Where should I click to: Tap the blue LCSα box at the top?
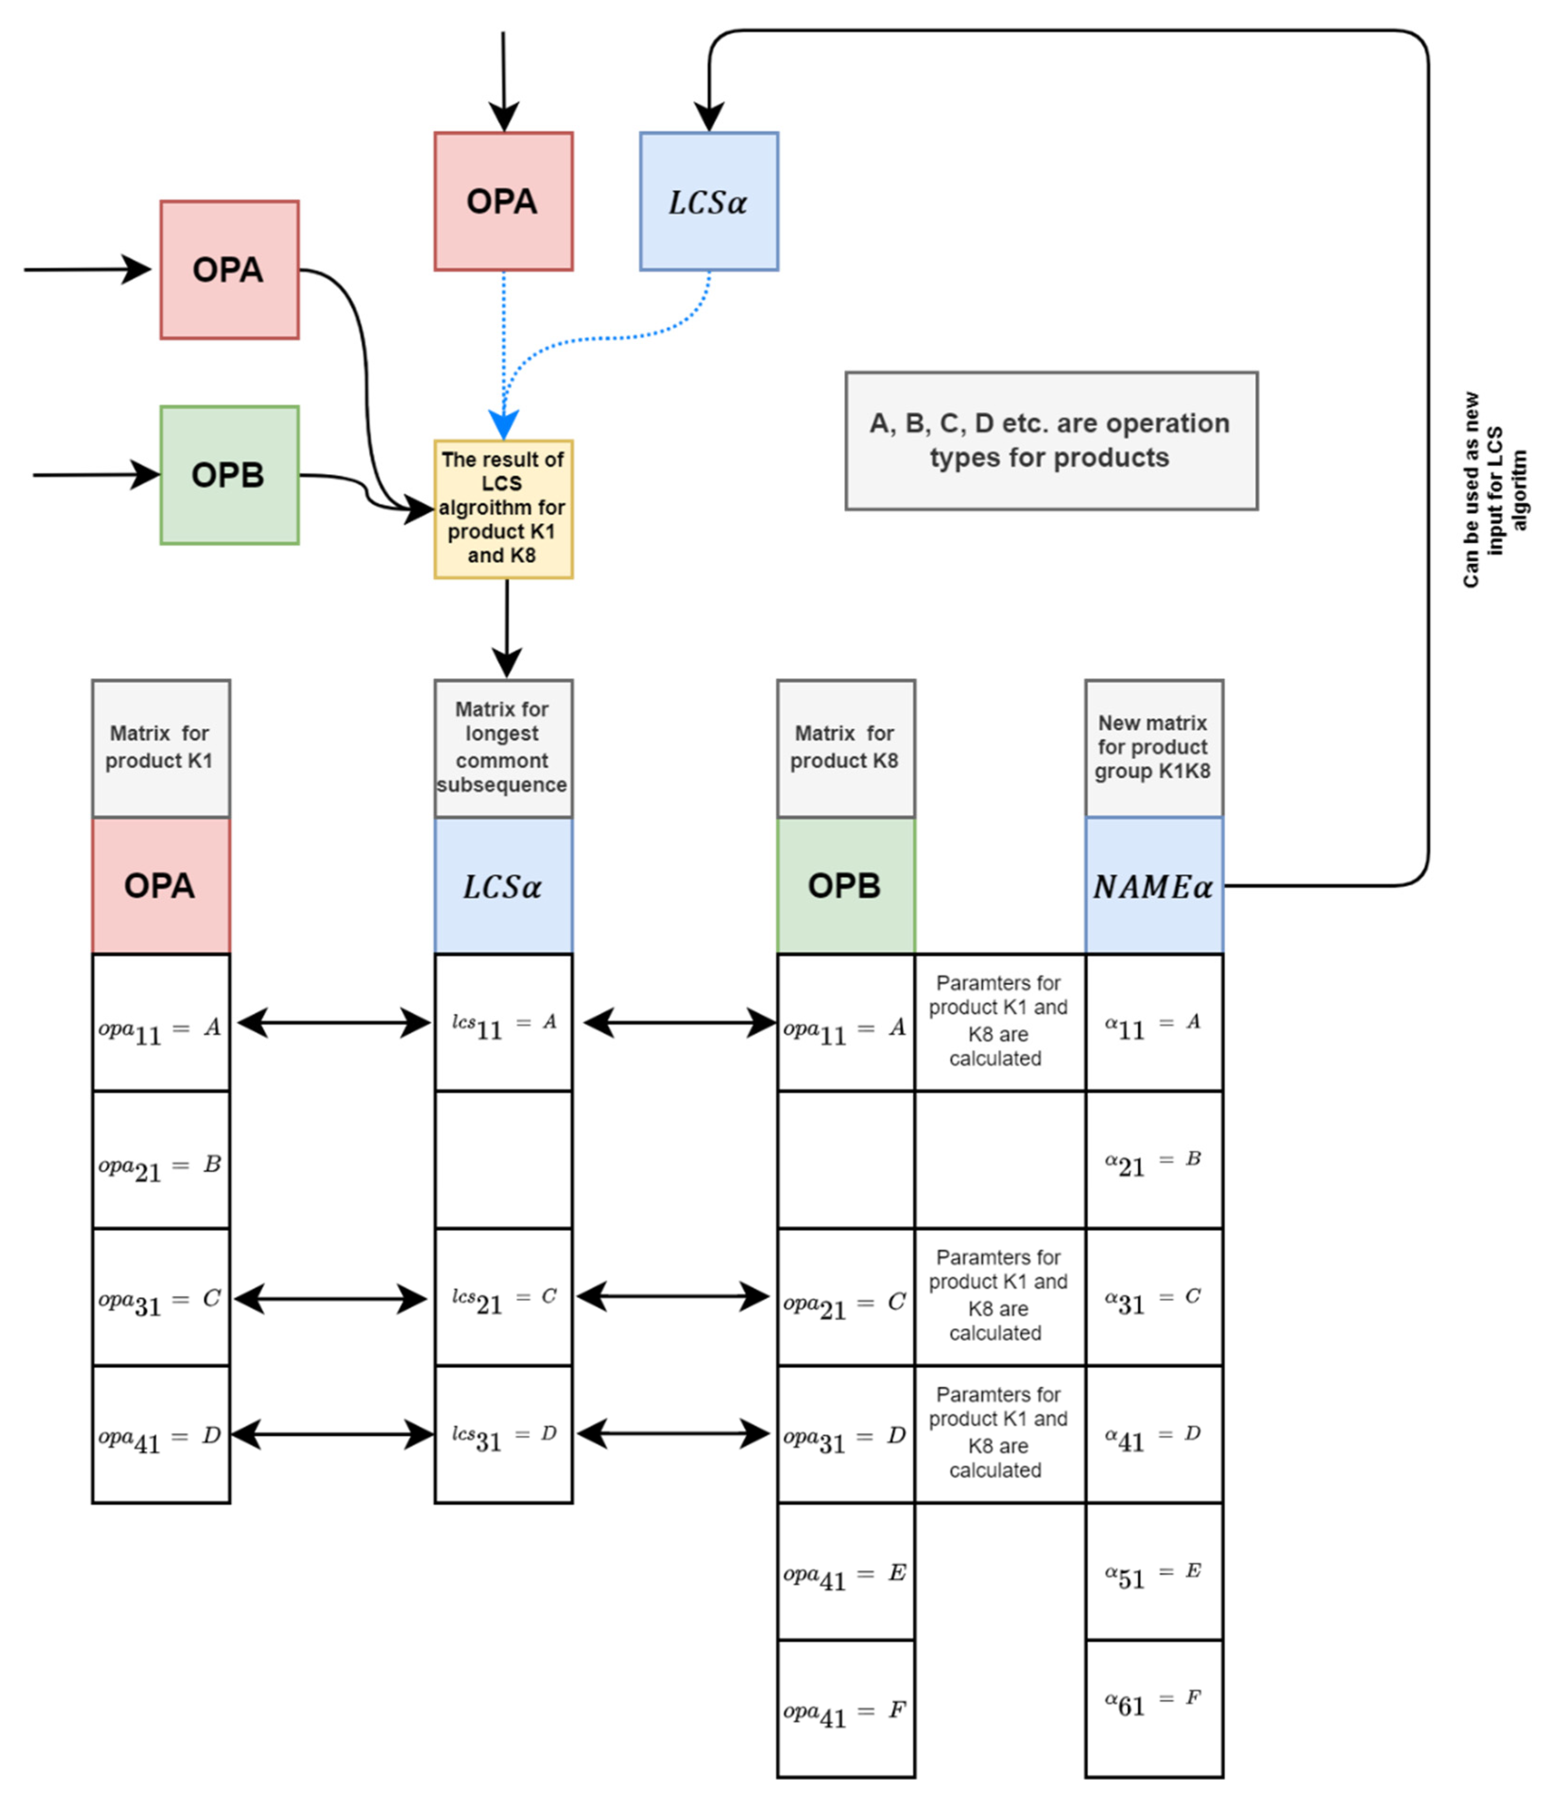point(708,202)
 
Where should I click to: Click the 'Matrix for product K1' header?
point(161,748)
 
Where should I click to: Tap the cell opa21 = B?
point(161,1160)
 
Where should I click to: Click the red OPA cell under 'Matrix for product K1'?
point(161,886)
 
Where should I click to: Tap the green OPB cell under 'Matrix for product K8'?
point(845,886)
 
